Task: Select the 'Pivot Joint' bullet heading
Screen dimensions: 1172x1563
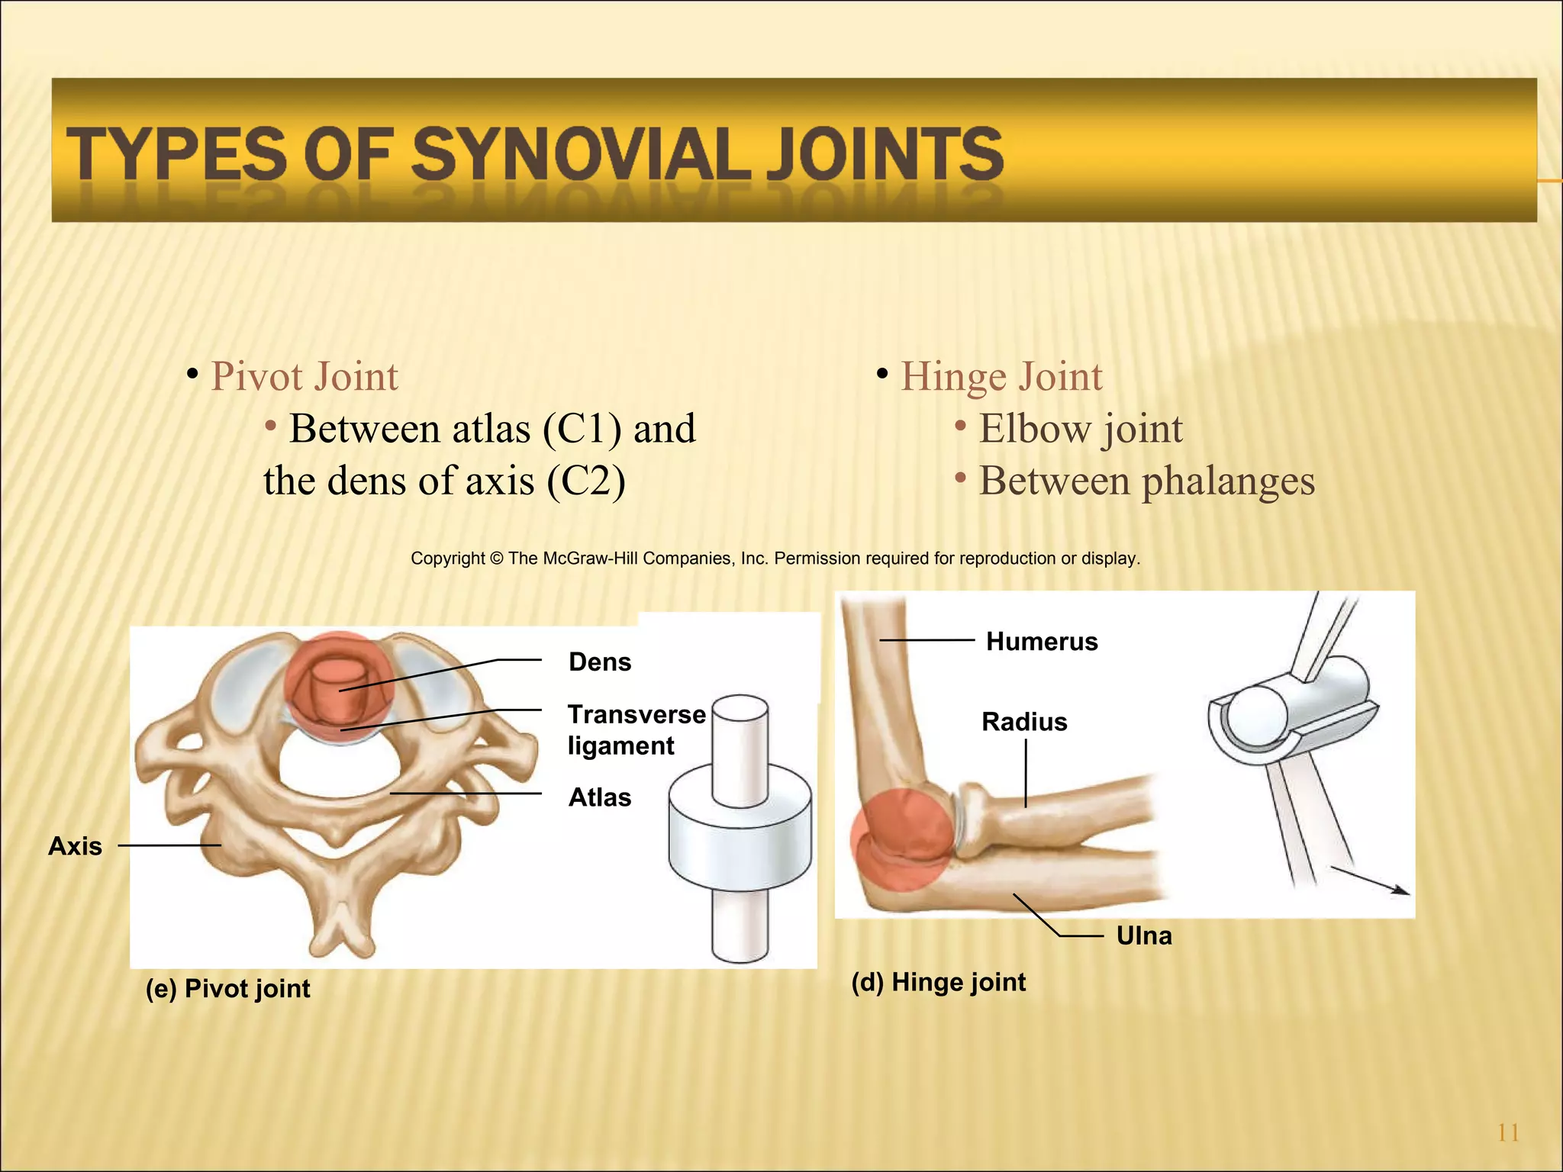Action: click(x=304, y=377)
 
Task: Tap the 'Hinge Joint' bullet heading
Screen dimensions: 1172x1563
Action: click(x=1001, y=377)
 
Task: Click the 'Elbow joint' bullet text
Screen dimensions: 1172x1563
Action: click(x=1081, y=429)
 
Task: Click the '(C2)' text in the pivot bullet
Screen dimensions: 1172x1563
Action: click(x=586, y=481)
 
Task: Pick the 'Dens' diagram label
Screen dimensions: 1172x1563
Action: click(x=600, y=662)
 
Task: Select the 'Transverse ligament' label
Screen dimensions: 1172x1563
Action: click(x=635, y=729)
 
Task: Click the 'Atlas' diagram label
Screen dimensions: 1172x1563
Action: click(x=600, y=797)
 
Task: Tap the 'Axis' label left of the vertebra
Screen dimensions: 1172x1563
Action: click(x=75, y=846)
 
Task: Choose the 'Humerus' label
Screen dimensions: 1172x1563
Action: click(x=1042, y=642)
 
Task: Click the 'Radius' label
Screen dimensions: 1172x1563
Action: click(x=1024, y=722)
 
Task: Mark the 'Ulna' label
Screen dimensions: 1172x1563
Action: click(x=1144, y=936)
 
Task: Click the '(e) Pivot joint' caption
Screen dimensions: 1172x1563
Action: click(x=228, y=989)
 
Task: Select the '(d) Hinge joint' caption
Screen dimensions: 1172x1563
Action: click(x=939, y=982)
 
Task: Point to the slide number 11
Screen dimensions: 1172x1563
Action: click(x=1508, y=1133)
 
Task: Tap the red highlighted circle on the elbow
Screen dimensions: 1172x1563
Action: click(x=901, y=839)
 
